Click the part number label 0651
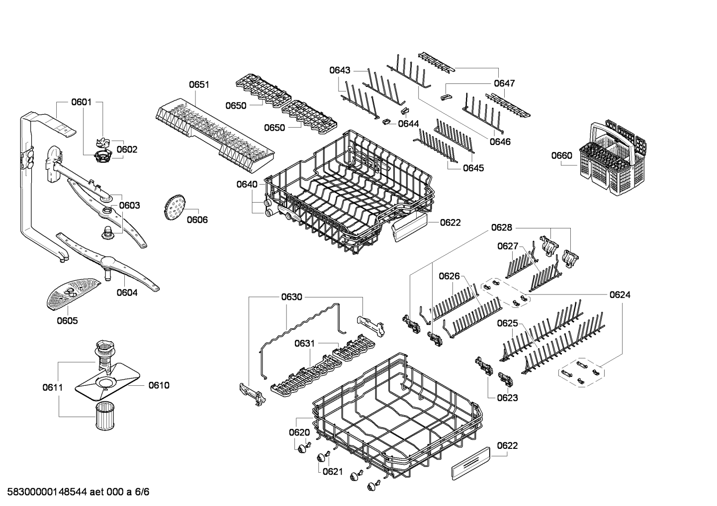[x=199, y=84]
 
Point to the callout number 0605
[x=67, y=321]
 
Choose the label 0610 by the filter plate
[x=159, y=385]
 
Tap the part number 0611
[x=52, y=387]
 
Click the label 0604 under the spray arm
[x=127, y=292]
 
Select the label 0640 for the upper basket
[x=247, y=185]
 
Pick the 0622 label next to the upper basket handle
[x=450, y=222]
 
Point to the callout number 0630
[x=291, y=297]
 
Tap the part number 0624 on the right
[x=620, y=295]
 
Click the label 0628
[x=501, y=227]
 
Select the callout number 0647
[x=504, y=83]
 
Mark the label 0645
[x=473, y=168]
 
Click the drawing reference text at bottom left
[x=75, y=492]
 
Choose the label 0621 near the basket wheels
[x=333, y=471]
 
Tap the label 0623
[x=507, y=397]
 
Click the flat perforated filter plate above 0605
[x=71, y=292]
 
